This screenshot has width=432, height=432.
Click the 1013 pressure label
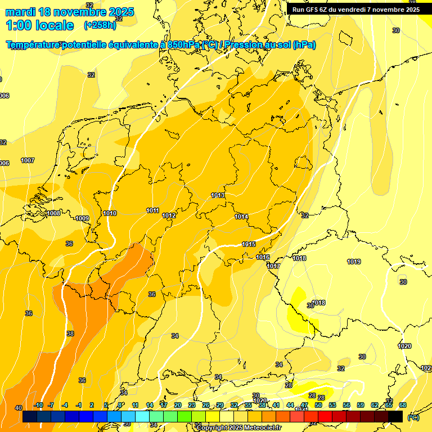(218, 195)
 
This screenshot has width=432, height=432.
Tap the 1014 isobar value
(241, 217)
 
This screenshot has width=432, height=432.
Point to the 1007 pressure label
(28, 160)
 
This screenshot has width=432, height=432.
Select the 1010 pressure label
(110, 213)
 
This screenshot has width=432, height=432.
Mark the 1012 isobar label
(169, 215)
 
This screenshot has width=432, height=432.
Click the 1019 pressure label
(354, 262)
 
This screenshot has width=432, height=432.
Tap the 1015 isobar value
(249, 244)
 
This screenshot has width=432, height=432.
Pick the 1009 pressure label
(82, 218)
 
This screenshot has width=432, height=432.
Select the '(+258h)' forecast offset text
(100, 25)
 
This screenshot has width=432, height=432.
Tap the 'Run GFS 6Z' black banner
(355, 9)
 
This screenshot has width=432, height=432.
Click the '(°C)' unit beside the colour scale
(413, 417)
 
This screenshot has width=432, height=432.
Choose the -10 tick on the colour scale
(38, 405)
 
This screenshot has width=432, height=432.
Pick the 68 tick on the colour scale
(402, 405)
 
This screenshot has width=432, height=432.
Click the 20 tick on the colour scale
(177, 405)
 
